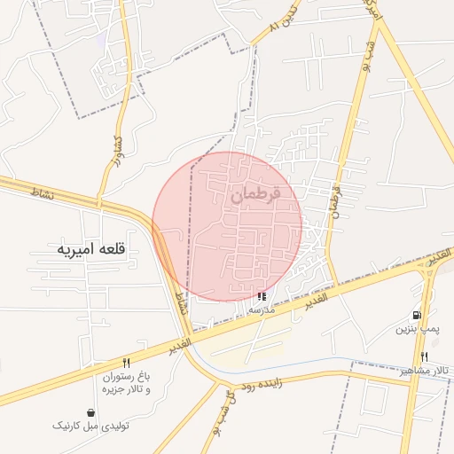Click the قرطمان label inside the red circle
point(255,194)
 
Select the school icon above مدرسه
point(262,296)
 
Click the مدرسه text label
point(262,309)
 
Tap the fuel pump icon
point(416,315)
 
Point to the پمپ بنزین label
point(416,329)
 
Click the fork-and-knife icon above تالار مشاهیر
point(424,356)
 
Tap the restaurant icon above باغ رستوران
point(126,363)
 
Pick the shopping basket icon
point(91,412)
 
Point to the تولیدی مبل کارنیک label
point(91,427)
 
